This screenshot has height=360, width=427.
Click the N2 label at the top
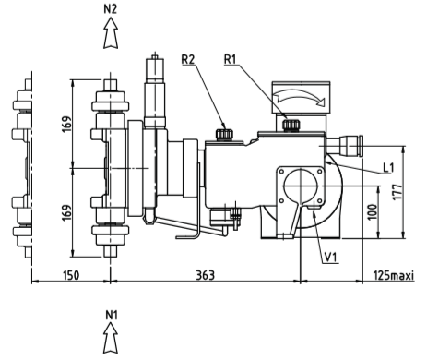tap(111, 9)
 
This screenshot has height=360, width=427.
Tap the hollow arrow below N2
tap(111, 33)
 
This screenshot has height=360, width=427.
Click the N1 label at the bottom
tap(112, 316)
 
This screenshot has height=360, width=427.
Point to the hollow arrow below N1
tap(111, 338)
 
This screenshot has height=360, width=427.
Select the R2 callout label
tap(188, 59)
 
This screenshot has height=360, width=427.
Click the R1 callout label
tap(231, 59)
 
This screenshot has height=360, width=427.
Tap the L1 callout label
tap(388, 168)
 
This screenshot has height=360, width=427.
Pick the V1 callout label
tap(331, 258)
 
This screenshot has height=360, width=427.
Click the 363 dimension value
tap(205, 275)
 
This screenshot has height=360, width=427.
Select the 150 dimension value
tap(71, 275)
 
